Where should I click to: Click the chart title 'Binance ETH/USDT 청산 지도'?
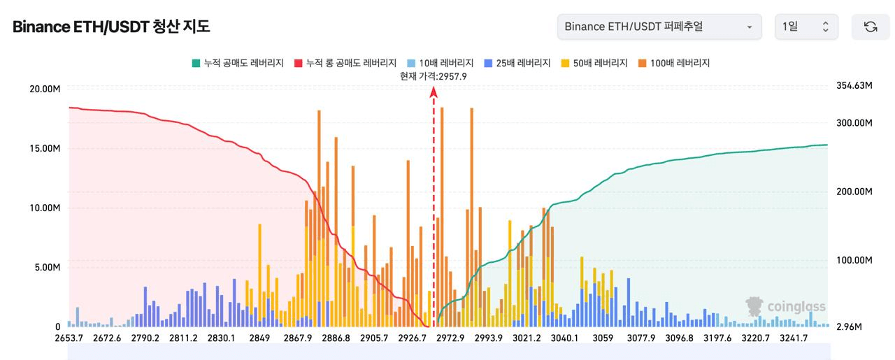[x=111, y=27]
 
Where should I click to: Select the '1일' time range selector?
[x=805, y=27]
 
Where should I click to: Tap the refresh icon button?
[x=871, y=27]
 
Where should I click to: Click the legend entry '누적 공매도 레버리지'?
[x=237, y=63]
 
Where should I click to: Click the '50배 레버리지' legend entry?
[x=594, y=63]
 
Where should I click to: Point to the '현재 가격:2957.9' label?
[x=434, y=75]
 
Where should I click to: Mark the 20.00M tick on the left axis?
[x=45, y=89]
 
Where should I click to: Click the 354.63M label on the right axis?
[x=854, y=85]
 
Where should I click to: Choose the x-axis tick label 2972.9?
[x=450, y=338]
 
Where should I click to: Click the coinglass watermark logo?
[x=786, y=307]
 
